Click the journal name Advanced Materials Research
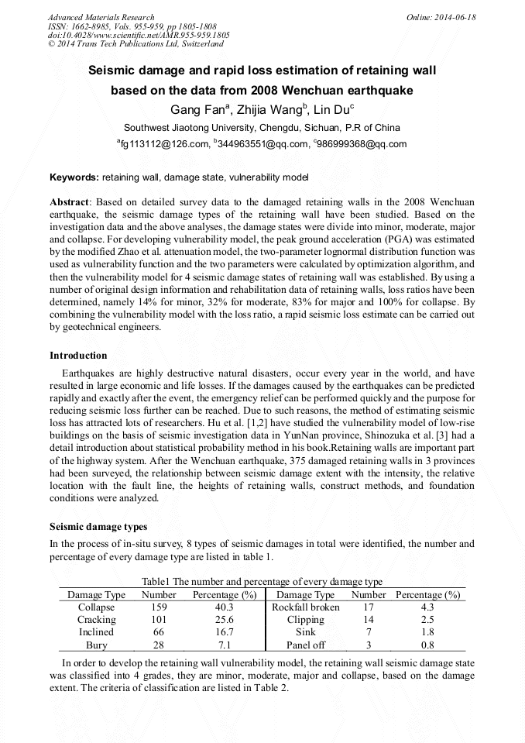click(x=101, y=17)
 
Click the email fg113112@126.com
click(x=163, y=144)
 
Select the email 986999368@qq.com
click(x=362, y=144)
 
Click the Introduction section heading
click(x=78, y=356)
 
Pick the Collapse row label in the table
click(x=96, y=607)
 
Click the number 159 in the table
click(x=158, y=607)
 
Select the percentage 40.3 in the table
click(x=224, y=607)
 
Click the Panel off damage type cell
click(x=305, y=645)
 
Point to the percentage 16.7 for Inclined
click(x=224, y=632)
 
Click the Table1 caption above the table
click(x=262, y=582)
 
